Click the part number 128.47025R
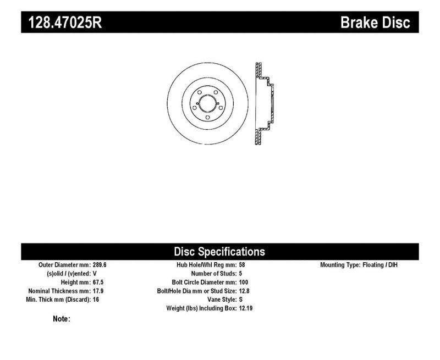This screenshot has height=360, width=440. point(62,23)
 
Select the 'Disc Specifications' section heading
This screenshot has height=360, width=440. point(219,252)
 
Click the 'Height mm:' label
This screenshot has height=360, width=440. point(73,282)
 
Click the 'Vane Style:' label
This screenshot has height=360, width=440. point(221,300)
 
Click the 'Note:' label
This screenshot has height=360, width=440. point(61,319)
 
